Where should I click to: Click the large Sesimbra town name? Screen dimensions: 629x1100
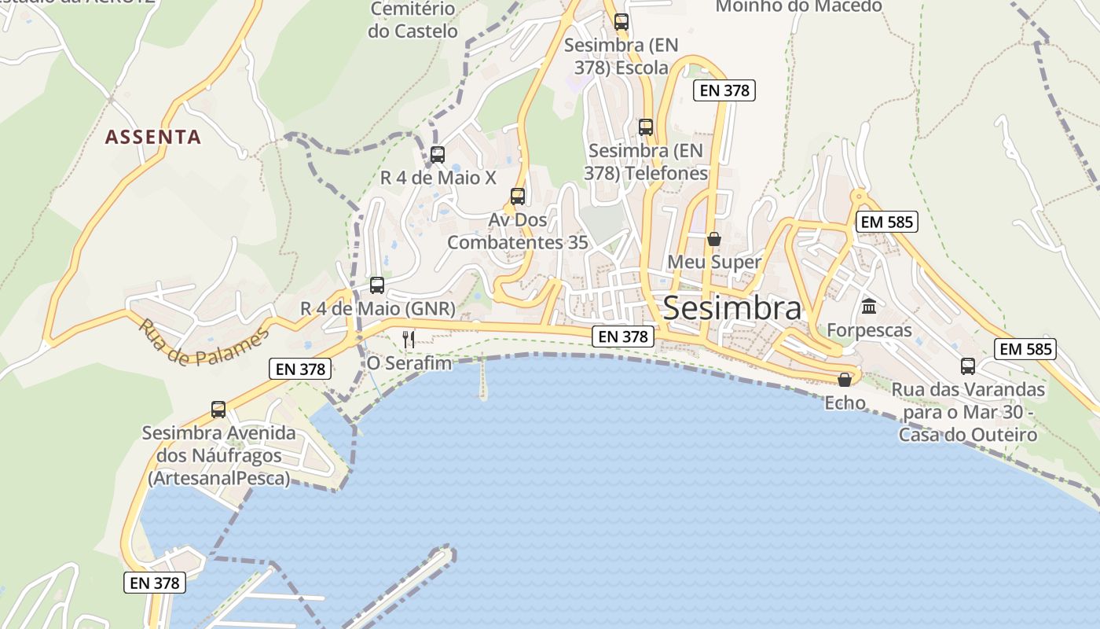(732, 308)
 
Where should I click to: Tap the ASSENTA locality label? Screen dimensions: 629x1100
(153, 137)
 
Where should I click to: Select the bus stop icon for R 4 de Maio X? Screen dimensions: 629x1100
(438, 155)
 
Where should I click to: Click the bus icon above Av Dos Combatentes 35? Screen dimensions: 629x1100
(517, 197)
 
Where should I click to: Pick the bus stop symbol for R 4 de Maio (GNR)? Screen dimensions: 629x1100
(377, 285)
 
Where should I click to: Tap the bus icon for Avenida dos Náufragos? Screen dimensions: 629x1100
(218, 410)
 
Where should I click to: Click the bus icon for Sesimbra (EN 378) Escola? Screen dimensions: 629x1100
(621, 22)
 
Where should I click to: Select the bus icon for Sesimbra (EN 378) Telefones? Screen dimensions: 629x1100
(646, 127)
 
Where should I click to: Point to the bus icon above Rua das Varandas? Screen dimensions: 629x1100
(968, 366)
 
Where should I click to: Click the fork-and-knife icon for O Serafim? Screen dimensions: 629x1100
(409, 339)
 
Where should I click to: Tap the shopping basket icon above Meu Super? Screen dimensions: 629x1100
(714, 239)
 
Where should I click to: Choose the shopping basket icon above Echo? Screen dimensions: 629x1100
(845, 381)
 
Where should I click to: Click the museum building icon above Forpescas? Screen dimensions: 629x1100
(869, 307)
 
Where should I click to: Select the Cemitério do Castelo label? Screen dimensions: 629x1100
(412, 20)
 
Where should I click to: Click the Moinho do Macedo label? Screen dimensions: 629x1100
(798, 6)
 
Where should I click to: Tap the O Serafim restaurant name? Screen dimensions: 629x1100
(409, 363)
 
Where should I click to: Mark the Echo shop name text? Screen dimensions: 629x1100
(845, 403)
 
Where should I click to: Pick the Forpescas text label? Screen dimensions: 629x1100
(869, 330)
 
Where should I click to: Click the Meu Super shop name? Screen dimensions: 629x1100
(714, 262)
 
